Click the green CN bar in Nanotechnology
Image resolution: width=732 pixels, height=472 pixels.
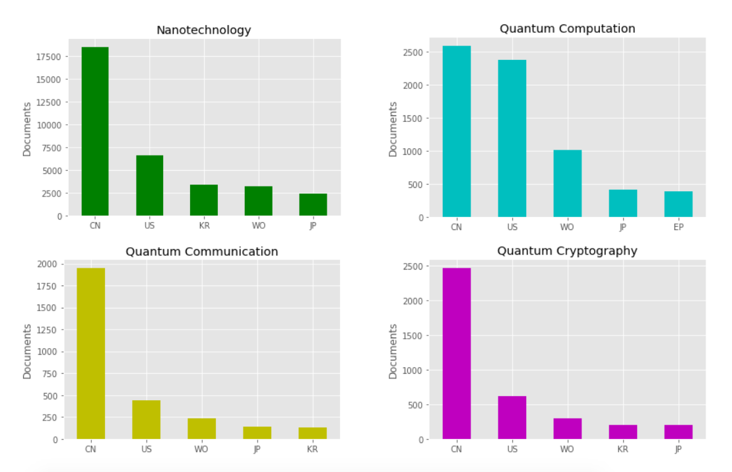95,131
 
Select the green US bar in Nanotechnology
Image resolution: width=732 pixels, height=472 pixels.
150,185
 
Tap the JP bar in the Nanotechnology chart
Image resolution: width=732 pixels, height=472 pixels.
313,204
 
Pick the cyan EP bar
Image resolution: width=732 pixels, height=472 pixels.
678,204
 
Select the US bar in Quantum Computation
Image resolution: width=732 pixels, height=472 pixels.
512,138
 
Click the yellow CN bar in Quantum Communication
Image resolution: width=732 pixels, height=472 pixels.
90,353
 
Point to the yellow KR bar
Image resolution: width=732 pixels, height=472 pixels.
312,433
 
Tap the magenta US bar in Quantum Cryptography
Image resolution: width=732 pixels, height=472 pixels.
512,417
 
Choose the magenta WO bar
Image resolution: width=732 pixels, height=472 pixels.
567,428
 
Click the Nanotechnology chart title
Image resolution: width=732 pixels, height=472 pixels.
203,30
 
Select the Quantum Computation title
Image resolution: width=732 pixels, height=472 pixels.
567,29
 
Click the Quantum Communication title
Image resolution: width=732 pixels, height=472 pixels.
201,252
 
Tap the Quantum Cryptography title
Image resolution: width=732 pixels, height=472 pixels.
567,251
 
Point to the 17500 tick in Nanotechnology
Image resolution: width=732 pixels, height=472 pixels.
50,57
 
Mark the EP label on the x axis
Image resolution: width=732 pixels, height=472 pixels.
679,227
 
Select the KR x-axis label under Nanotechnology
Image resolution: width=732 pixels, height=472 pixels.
204,226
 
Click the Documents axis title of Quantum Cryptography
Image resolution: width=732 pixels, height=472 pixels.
393,351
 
